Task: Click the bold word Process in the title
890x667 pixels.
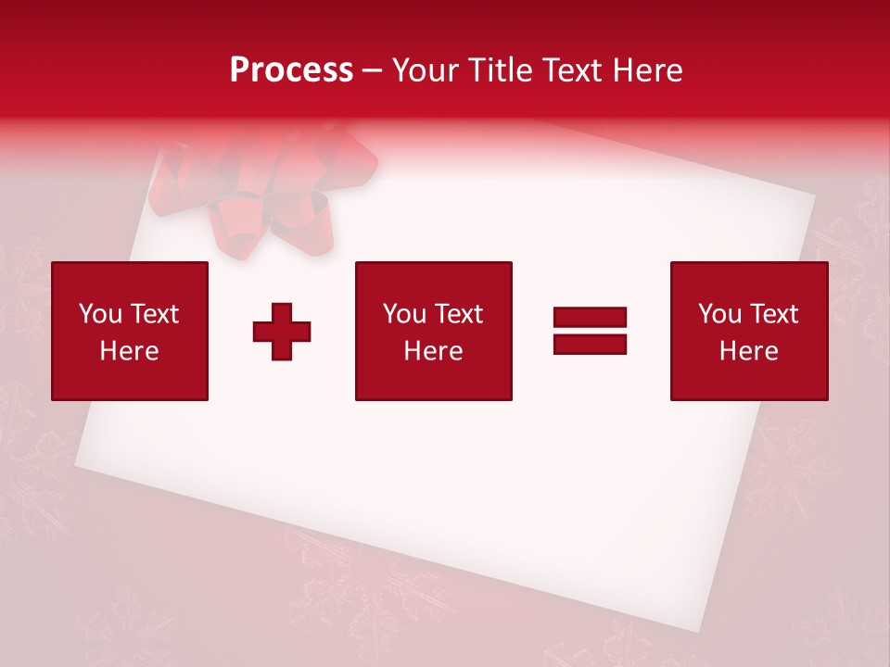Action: [x=291, y=70]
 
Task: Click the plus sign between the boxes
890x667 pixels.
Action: [x=282, y=331]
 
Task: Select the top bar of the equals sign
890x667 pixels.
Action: [x=590, y=318]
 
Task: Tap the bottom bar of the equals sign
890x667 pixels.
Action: [x=590, y=344]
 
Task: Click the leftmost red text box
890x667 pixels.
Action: [x=130, y=331]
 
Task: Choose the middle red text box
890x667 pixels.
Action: [x=433, y=331]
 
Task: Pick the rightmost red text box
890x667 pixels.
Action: [x=749, y=331]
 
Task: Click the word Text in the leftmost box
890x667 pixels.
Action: [x=155, y=314]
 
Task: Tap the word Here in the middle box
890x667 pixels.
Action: [x=433, y=351]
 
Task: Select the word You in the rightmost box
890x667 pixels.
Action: [x=719, y=314]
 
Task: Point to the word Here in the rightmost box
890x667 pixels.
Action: [x=749, y=351]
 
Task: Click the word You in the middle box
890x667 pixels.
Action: [x=404, y=314]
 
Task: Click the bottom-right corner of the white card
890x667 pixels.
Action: [x=721, y=630]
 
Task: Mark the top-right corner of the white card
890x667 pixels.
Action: [x=814, y=196]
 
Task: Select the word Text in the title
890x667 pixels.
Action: [x=567, y=70]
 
